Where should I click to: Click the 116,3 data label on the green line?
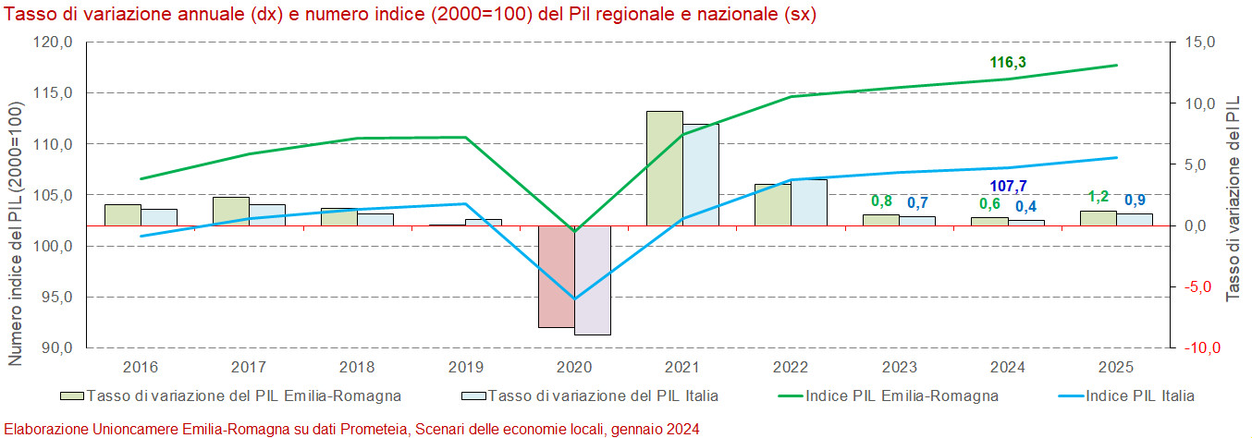[1008, 63]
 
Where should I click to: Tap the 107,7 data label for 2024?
[1008, 187]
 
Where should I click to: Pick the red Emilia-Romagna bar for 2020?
[557, 276]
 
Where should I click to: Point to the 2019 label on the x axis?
[466, 367]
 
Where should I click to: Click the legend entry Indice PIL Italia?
[1139, 396]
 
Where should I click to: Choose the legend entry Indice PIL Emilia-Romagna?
[902, 396]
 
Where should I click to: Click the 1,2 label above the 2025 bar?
[1098, 197]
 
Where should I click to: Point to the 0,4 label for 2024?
[1025, 206]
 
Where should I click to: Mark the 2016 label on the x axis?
[141, 367]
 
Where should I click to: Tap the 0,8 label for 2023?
[881, 201]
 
